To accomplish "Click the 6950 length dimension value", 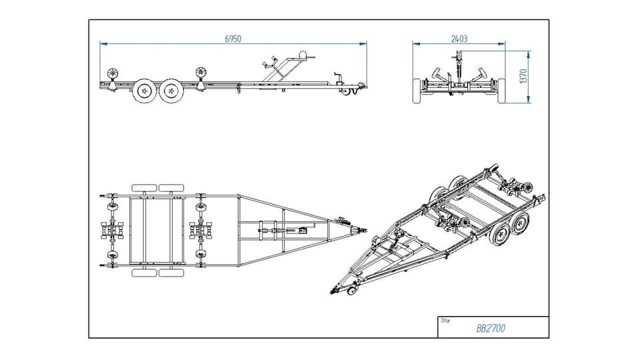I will (x=232, y=39).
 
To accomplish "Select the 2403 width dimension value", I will (x=459, y=39).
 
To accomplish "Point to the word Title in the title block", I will (x=445, y=321).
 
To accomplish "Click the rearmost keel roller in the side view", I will (x=112, y=72).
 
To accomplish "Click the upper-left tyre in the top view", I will (x=143, y=188).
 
